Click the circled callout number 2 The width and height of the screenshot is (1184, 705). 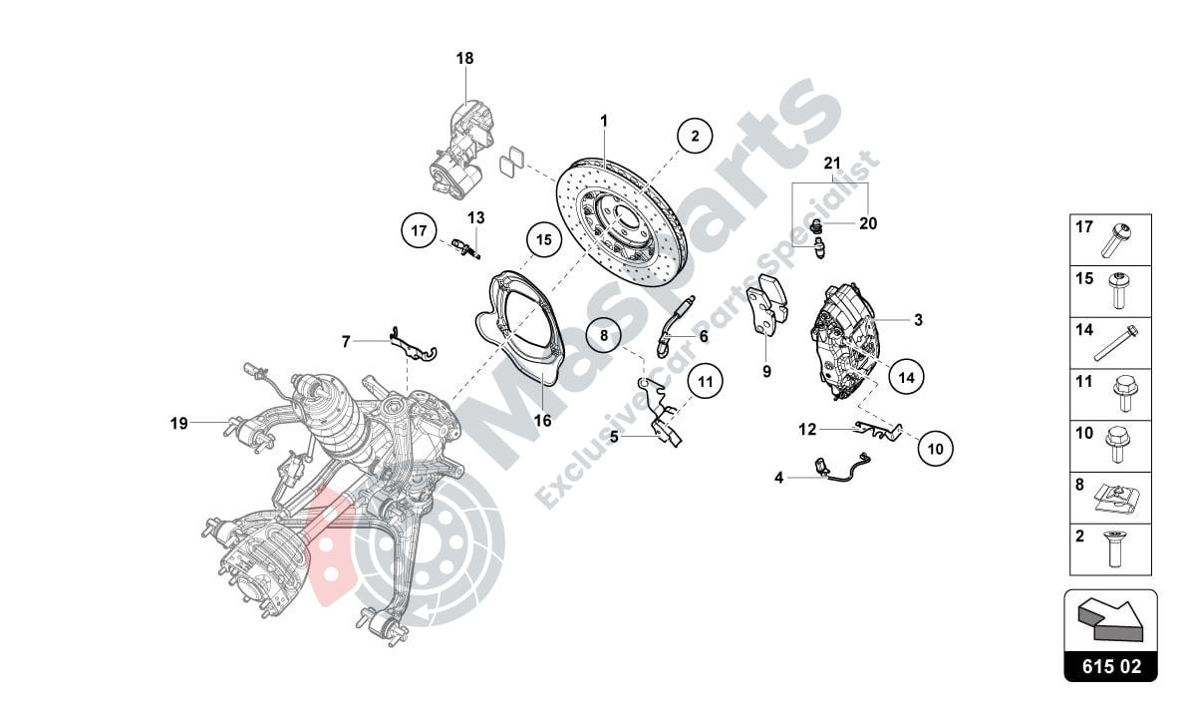(x=695, y=135)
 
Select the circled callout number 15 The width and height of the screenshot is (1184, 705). (x=542, y=239)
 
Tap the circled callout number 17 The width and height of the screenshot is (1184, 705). (x=420, y=231)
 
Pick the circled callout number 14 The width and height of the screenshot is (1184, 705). (x=906, y=377)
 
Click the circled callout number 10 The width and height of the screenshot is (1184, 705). (x=935, y=449)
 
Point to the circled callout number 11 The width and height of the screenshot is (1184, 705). (x=705, y=381)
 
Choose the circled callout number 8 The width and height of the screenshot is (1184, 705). (x=604, y=335)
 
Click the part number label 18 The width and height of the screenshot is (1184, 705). (x=465, y=59)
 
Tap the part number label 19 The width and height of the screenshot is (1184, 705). (x=178, y=423)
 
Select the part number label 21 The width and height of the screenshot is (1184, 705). (x=832, y=163)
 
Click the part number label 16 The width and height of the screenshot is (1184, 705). (x=542, y=421)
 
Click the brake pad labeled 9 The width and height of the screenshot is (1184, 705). (x=766, y=304)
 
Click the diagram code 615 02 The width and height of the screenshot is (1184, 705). (x=1110, y=665)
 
